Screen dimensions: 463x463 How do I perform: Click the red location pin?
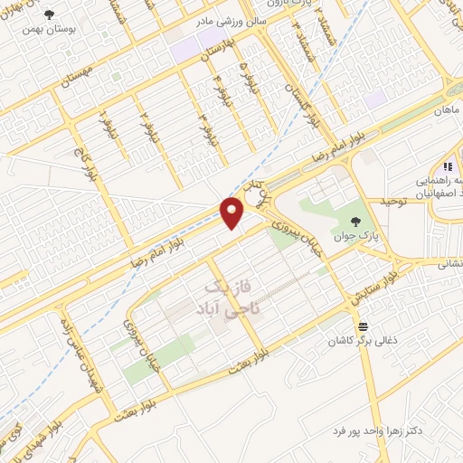tap(233, 213)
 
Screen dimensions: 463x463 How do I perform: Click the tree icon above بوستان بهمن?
tap(48, 15)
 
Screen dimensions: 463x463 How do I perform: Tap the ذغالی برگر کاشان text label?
tap(363, 342)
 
